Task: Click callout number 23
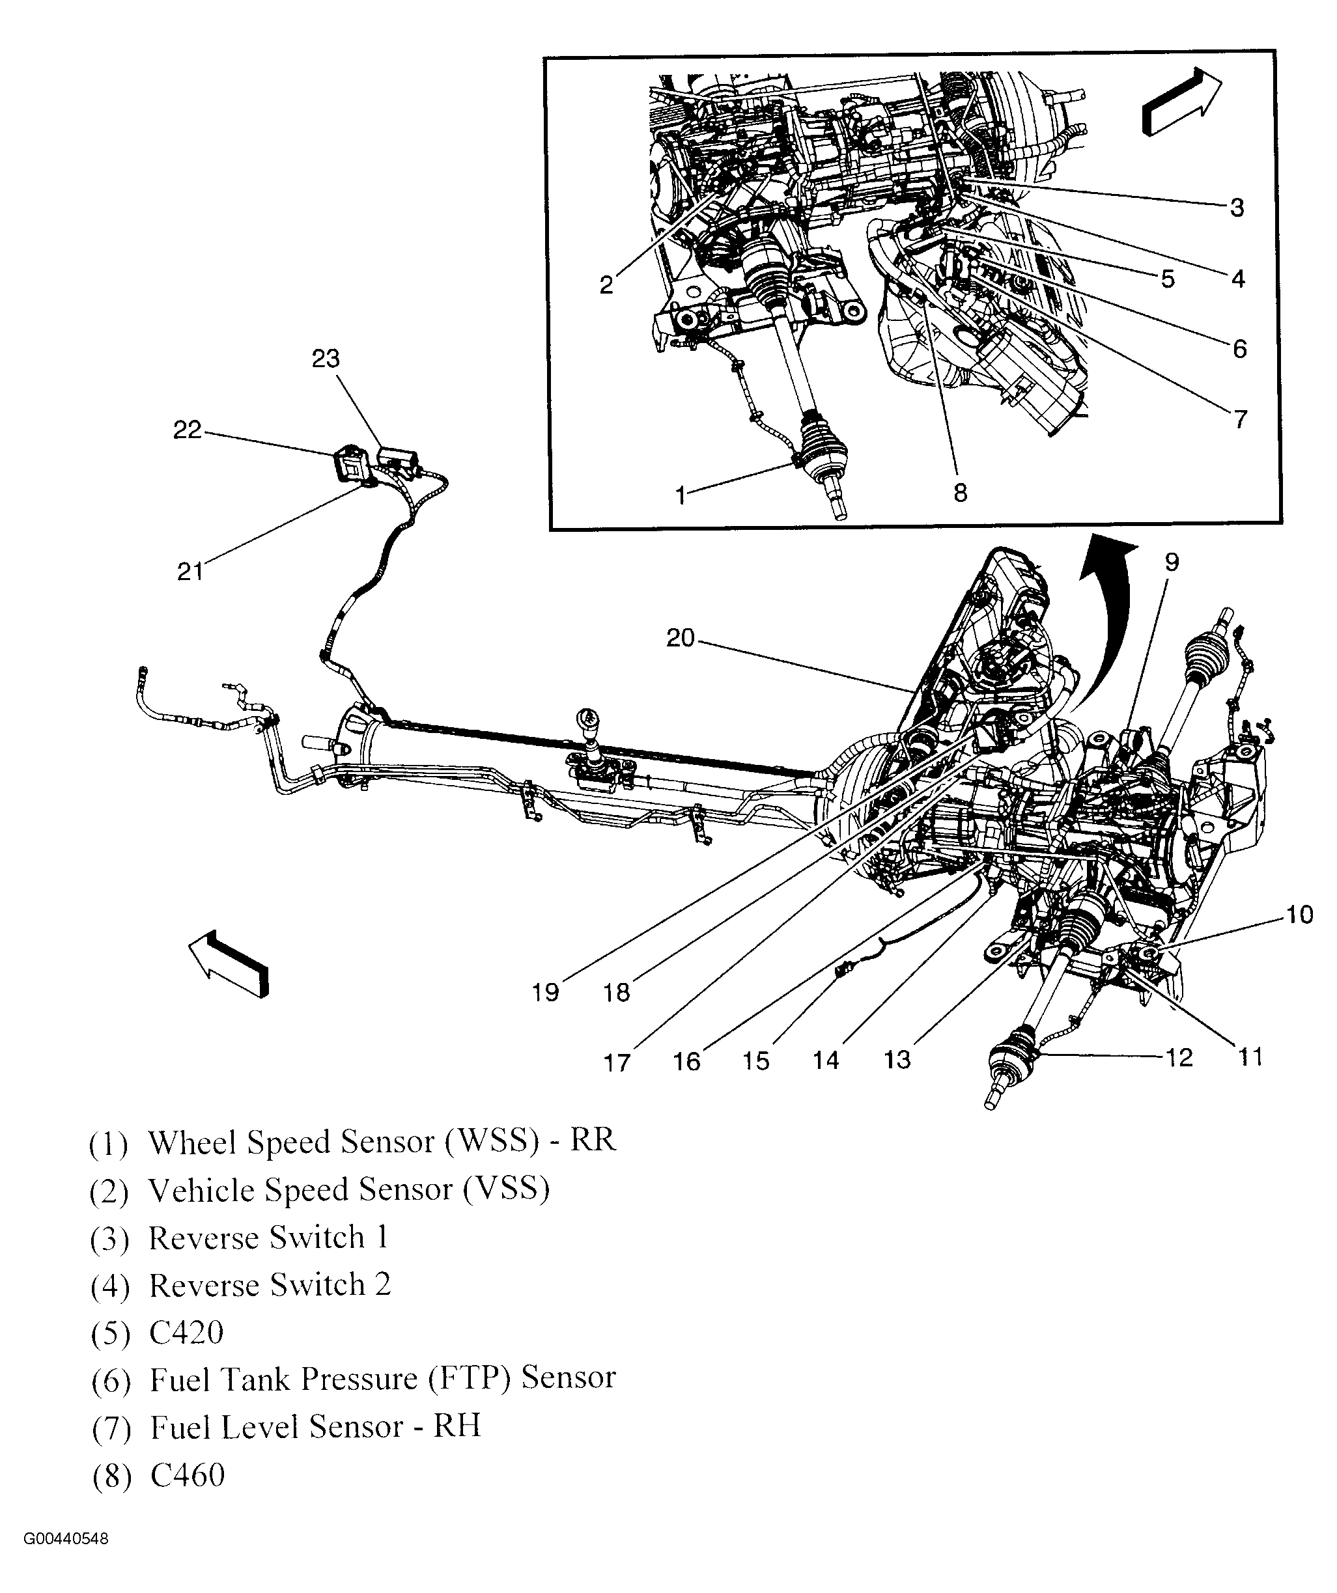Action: tap(326, 358)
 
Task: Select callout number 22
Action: tap(188, 430)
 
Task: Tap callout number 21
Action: tap(190, 571)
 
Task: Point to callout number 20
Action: tap(680, 638)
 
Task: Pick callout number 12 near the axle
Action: tap(1178, 1057)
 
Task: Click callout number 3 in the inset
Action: tap(1237, 207)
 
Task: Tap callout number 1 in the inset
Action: tap(681, 495)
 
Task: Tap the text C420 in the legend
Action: tap(187, 1333)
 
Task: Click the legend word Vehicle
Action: tap(201, 1189)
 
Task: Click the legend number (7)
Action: tap(111, 1429)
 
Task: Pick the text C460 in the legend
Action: tap(188, 1475)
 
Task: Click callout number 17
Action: tap(617, 1062)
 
